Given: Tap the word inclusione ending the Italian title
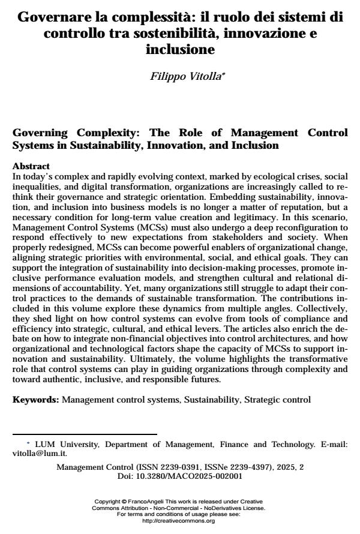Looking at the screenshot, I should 180,50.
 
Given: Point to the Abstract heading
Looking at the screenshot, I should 31,166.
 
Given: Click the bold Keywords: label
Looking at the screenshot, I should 36,399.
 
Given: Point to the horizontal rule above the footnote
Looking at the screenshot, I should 85,434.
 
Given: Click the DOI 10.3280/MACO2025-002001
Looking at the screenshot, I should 189,476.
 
